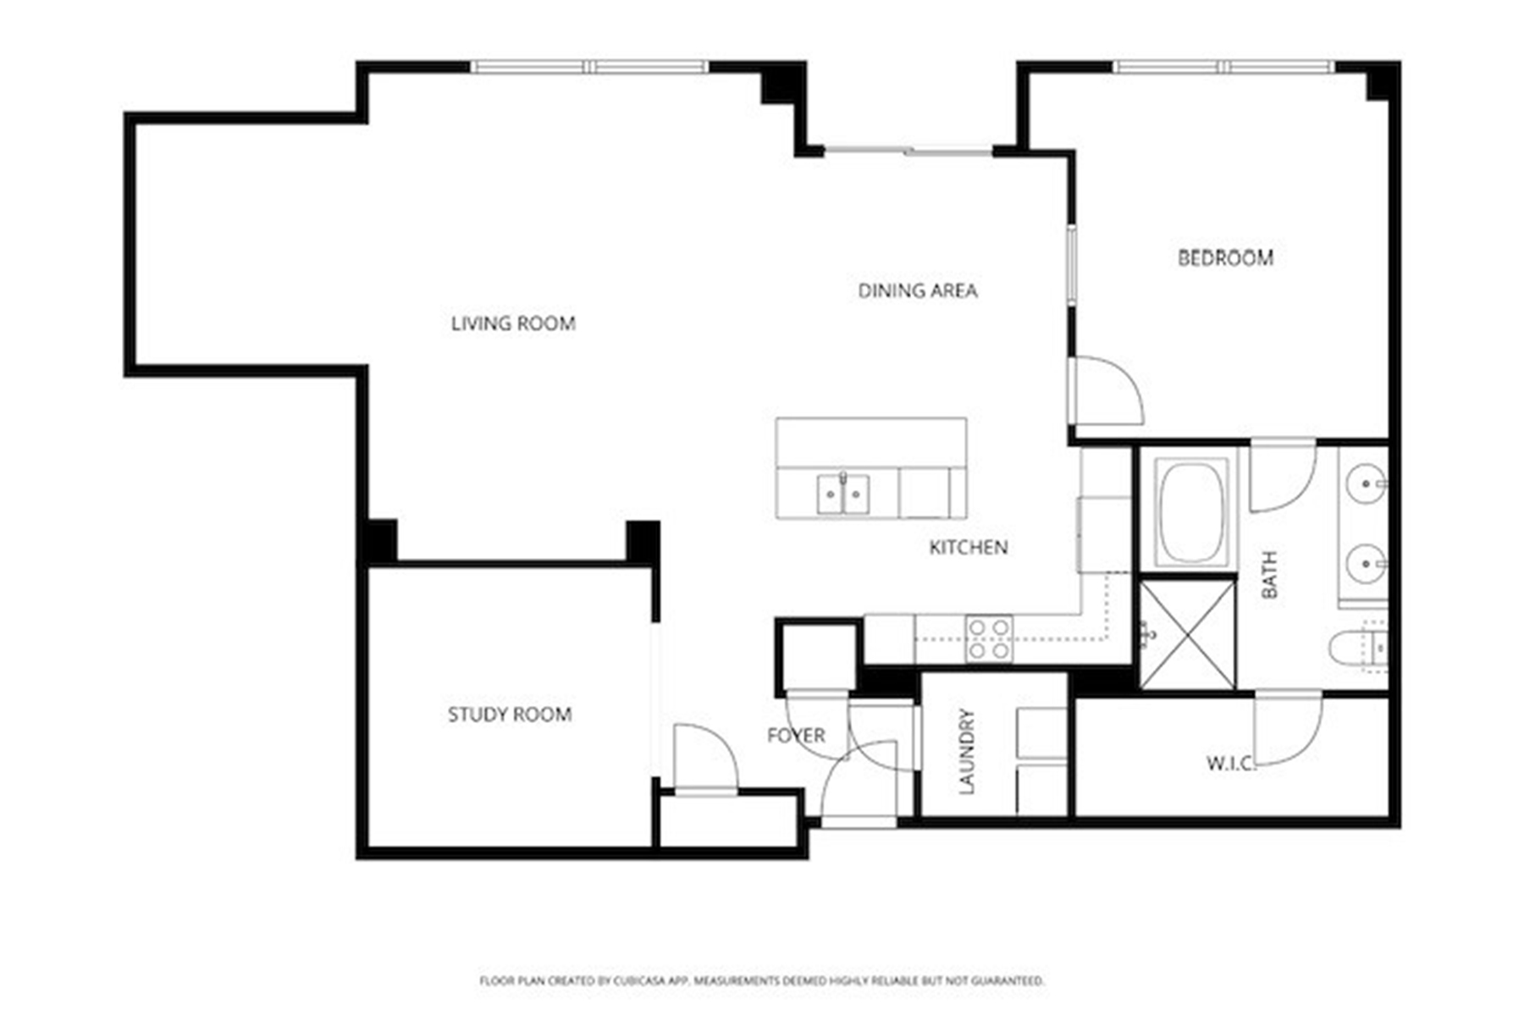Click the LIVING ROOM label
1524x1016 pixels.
pos(513,323)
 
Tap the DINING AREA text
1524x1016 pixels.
pos(918,291)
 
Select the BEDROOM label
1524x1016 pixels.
pos(1225,258)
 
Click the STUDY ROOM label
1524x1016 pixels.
pos(510,715)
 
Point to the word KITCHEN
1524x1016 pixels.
pos(969,548)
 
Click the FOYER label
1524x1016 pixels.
pos(795,736)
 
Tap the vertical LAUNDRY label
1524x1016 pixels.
pos(967,751)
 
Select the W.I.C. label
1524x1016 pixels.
pos(1229,764)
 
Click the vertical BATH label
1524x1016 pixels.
pos(1269,575)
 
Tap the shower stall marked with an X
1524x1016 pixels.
pos(1188,633)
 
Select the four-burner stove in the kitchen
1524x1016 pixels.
pos(989,638)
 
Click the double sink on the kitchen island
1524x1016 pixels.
pos(842,494)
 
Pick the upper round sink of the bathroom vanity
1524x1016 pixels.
pos(1365,484)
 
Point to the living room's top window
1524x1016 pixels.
pos(589,67)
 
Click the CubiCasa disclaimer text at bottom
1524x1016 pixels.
pos(761,980)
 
